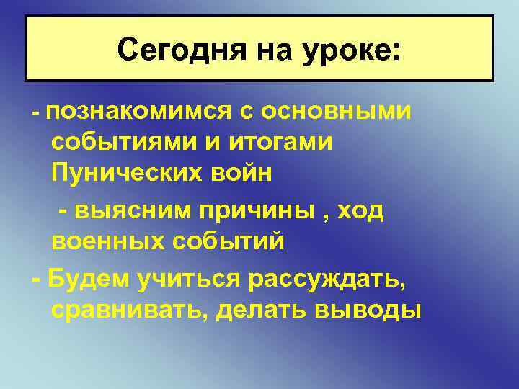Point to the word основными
click(337, 112)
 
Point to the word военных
click(104, 241)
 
